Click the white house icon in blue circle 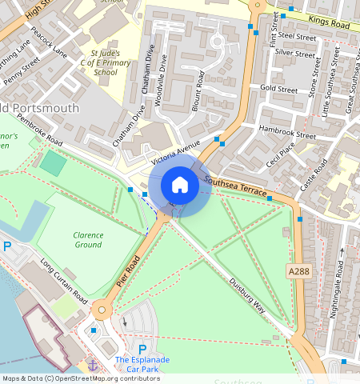coord(180,186)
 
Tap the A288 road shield coord(298,273)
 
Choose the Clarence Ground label coord(88,240)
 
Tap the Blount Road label coord(197,94)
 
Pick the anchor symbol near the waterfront coord(93,365)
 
